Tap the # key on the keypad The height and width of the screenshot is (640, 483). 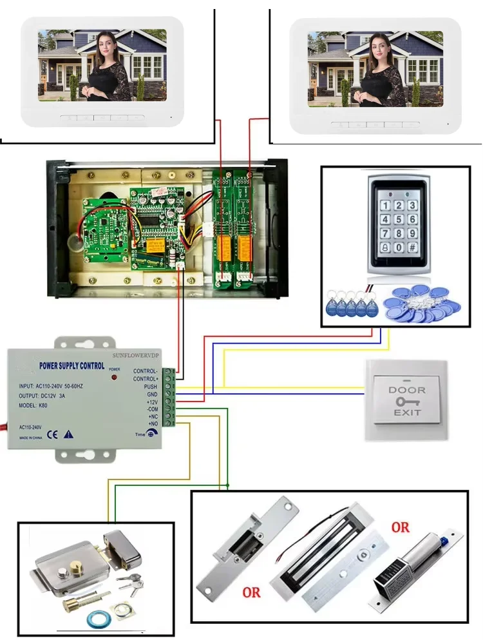[412, 247]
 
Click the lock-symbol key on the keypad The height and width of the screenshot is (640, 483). [385, 247]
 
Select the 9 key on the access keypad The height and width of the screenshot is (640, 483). [412, 233]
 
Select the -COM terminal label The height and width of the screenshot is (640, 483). [152, 409]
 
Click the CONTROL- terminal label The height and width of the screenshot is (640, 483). [145, 371]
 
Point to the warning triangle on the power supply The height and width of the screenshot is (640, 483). [69, 434]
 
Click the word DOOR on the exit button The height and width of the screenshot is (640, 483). [407, 390]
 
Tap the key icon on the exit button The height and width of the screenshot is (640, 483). [407, 402]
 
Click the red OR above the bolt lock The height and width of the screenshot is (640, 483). [400, 527]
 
